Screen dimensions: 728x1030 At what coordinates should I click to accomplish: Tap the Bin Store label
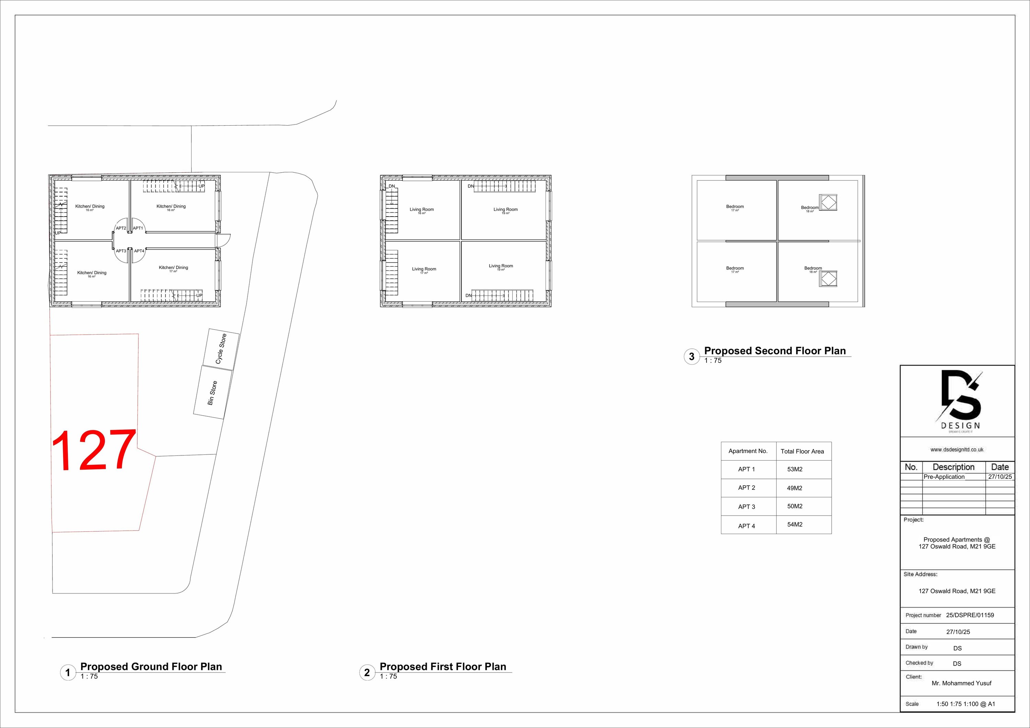point(212,393)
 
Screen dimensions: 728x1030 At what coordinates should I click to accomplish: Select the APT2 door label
point(121,228)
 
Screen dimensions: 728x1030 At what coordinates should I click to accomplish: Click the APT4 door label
point(139,251)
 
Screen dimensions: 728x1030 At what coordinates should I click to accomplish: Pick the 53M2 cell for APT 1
point(794,469)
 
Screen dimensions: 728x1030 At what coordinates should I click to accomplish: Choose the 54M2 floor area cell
point(794,524)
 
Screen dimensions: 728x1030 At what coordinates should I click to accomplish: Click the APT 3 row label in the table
point(746,506)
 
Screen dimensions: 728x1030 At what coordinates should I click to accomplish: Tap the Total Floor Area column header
point(802,451)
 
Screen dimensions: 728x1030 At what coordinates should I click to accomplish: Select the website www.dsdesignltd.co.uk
point(957,449)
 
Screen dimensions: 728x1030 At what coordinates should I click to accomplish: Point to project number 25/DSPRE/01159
point(970,615)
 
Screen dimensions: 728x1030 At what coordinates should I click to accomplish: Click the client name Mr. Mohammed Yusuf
point(961,683)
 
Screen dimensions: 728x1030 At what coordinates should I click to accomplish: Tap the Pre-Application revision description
point(944,477)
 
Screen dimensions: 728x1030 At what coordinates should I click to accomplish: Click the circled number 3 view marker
point(691,357)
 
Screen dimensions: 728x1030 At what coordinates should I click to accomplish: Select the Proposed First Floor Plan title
point(443,667)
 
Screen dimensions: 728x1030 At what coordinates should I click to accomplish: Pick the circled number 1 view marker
point(68,672)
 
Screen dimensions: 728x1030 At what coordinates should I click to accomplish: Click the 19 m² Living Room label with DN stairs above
point(506,210)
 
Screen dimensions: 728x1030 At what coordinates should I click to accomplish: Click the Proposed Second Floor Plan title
point(775,351)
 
